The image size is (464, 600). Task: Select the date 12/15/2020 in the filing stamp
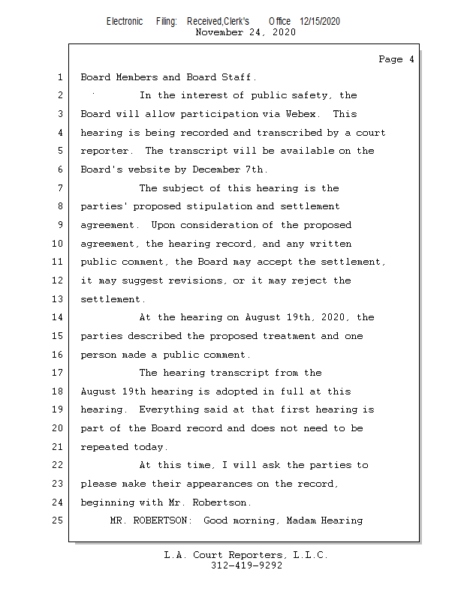tap(319, 21)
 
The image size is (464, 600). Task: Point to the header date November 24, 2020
tap(245, 32)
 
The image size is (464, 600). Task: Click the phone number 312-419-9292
tap(246, 565)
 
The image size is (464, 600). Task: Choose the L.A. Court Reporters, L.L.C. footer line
tap(246, 555)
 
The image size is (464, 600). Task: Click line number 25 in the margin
tap(59, 520)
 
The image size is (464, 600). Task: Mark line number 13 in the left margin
tap(59, 299)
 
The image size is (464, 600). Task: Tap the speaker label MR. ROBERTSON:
tap(153, 520)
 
